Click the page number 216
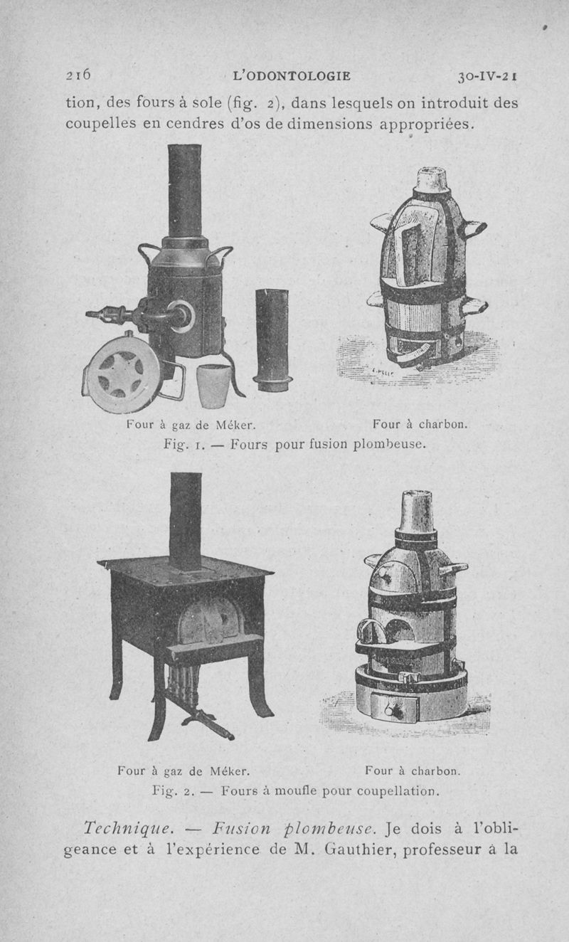[x=78, y=75]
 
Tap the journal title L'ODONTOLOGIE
[x=292, y=76]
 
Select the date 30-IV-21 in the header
[x=487, y=77]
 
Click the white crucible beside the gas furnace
[x=213, y=386]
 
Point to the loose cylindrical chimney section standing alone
[x=272, y=340]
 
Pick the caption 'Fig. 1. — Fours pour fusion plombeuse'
[x=294, y=444]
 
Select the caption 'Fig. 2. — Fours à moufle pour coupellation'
[x=295, y=791]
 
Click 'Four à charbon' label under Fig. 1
[x=420, y=424]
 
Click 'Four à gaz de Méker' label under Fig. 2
[x=184, y=771]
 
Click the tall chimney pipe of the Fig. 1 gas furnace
[x=185, y=191]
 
